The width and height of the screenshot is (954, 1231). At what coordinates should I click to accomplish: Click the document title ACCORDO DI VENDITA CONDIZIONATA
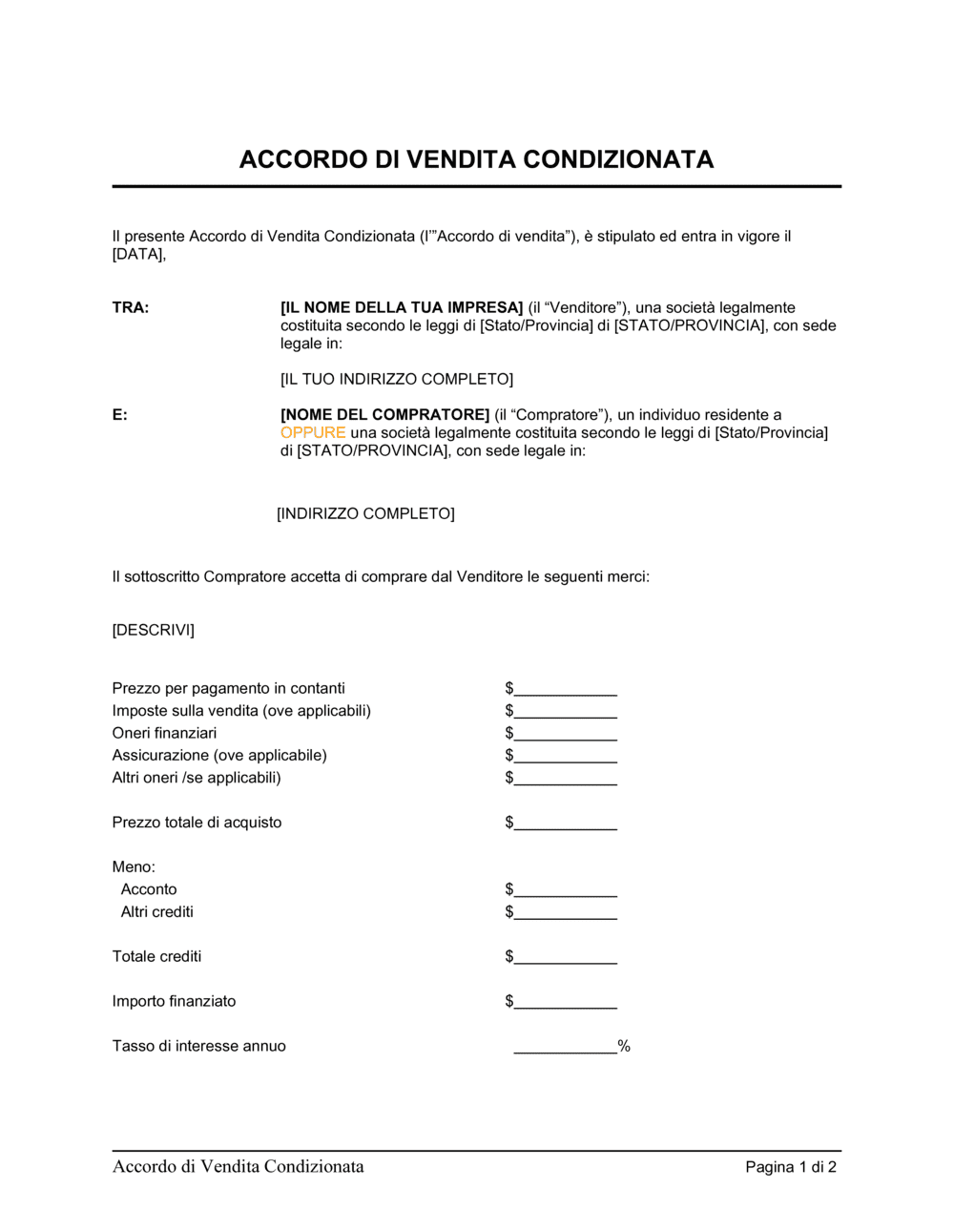476,159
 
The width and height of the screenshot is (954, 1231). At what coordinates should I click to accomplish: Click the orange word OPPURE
312,433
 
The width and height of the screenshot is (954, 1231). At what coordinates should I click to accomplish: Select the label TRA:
131,308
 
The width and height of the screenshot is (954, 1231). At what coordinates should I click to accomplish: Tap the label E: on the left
119,415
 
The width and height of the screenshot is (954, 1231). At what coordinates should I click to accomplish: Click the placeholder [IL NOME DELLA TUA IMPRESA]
402,308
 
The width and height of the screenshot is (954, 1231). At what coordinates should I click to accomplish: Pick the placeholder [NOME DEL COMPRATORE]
384,415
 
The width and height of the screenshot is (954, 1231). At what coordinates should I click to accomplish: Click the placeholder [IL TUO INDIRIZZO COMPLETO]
396,380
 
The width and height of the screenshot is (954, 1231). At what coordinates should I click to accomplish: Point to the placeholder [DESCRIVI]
153,631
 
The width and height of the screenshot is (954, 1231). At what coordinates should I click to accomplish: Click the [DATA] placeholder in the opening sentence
138,255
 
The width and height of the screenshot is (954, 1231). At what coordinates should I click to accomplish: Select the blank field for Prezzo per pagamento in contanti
565,690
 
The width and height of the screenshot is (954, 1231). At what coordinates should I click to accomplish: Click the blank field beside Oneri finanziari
565,735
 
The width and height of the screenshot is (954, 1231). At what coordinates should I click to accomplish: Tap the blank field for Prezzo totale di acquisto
565,824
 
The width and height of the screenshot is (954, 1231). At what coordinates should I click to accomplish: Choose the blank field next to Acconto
565,890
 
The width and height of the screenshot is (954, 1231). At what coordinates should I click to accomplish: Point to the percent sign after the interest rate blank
624,1047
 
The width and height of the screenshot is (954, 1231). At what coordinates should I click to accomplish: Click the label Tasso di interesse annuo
198,1047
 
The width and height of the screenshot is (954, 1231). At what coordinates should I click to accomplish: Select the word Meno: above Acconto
134,867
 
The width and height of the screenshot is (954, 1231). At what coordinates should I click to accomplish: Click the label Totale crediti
156,957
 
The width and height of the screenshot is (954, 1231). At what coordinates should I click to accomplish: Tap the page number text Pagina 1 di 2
791,1167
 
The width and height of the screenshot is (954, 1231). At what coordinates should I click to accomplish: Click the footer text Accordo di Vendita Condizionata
238,1167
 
